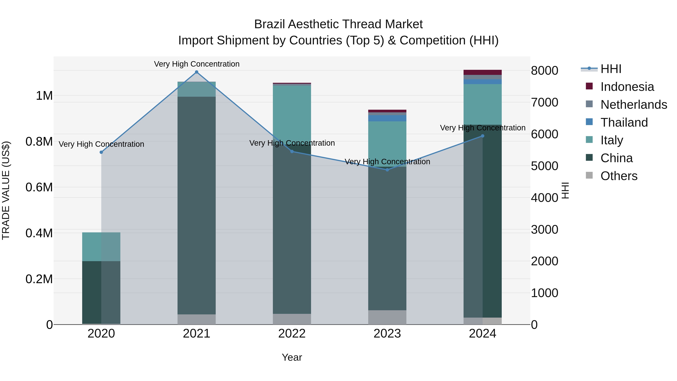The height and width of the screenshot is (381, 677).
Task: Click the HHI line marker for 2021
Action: tap(197, 72)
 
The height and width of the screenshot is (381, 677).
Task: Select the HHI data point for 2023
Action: tap(387, 170)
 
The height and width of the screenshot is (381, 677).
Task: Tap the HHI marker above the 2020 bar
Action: tap(101, 152)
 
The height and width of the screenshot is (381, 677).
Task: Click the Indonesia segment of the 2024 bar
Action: tap(483, 72)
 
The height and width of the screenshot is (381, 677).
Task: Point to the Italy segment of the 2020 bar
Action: tap(101, 247)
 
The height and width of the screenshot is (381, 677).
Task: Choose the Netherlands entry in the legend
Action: tap(633, 105)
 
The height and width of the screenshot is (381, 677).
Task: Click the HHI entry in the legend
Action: tap(611, 69)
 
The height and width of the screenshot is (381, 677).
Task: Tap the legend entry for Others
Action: tap(619, 176)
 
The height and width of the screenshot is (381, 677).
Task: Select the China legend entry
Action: tap(616, 158)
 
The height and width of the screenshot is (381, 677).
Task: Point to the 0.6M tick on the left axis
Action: tap(39, 187)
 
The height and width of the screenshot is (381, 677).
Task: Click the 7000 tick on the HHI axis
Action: tap(544, 102)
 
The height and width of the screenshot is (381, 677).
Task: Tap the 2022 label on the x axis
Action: tap(292, 334)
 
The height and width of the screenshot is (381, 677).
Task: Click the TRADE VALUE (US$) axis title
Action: tap(6, 190)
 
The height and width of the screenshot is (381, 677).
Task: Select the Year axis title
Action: tap(292, 357)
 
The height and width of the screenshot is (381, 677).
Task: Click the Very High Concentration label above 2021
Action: tap(197, 64)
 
